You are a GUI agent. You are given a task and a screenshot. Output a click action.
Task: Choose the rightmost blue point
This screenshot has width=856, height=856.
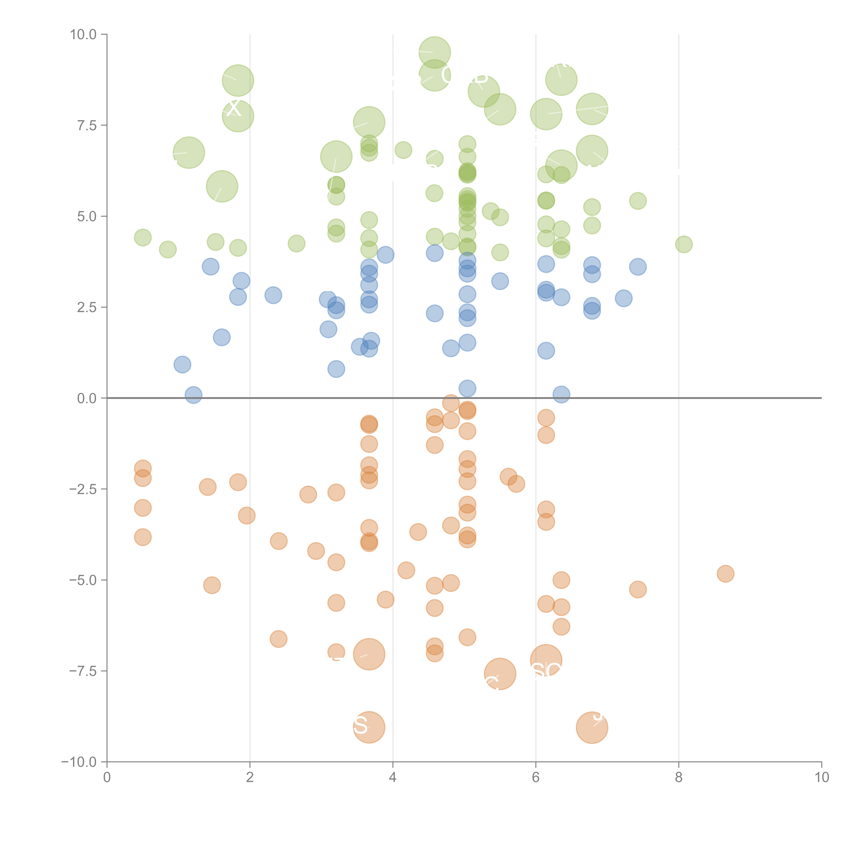[x=638, y=267]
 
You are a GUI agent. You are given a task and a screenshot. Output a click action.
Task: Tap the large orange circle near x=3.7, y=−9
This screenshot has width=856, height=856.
[x=369, y=727]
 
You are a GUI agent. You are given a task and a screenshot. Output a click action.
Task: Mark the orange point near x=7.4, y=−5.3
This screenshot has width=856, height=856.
[x=638, y=589]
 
